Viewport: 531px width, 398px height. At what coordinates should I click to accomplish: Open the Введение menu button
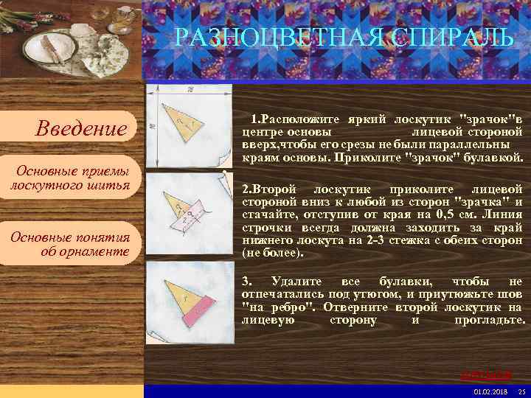[x=81, y=129]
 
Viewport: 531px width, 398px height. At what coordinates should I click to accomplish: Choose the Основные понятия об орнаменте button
[x=70, y=244]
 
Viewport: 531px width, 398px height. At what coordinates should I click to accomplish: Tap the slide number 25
[x=521, y=391]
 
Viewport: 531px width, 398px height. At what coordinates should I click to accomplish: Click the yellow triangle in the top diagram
[x=181, y=122]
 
